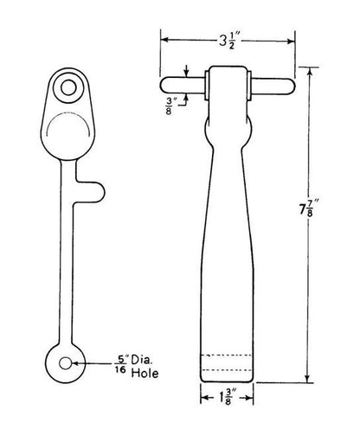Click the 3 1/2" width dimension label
tap(228, 42)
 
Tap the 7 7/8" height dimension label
tap(306, 208)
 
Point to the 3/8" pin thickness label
tap(170, 106)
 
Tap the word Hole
tap(145, 374)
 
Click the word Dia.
tap(142, 360)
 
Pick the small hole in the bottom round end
tap(66, 363)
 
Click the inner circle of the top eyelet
tap(68, 87)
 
